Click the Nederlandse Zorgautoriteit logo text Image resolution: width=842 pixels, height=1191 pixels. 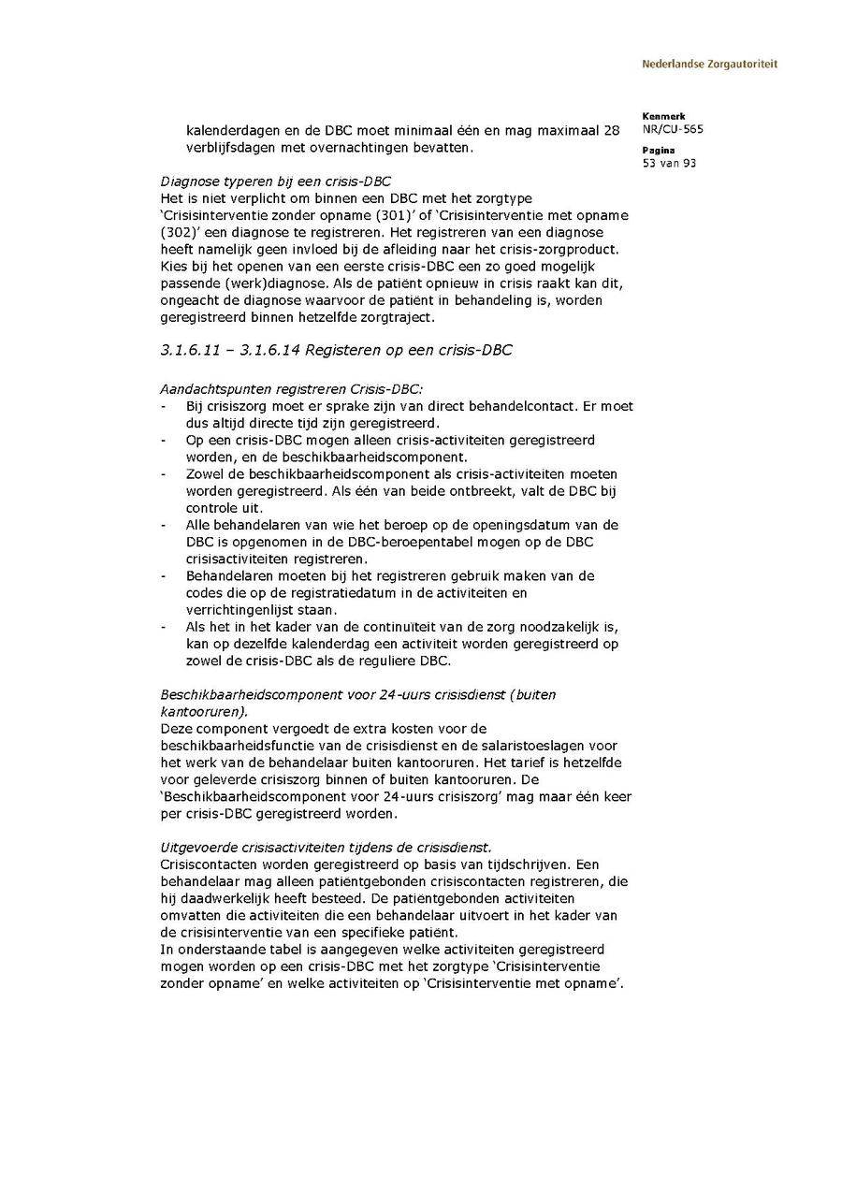(x=709, y=65)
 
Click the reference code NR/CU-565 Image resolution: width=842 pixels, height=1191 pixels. (x=673, y=130)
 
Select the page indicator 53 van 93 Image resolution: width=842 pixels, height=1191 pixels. (x=669, y=164)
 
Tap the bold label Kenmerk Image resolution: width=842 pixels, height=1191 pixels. (x=663, y=117)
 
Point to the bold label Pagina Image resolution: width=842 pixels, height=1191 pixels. (x=658, y=151)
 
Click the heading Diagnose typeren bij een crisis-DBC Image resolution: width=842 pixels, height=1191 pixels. (x=275, y=182)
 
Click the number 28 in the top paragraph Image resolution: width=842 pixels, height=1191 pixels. (x=611, y=131)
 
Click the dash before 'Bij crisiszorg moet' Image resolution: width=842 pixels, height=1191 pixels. (x=164, y=406)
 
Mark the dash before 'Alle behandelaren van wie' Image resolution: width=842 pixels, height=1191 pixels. (x=164, y=525)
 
